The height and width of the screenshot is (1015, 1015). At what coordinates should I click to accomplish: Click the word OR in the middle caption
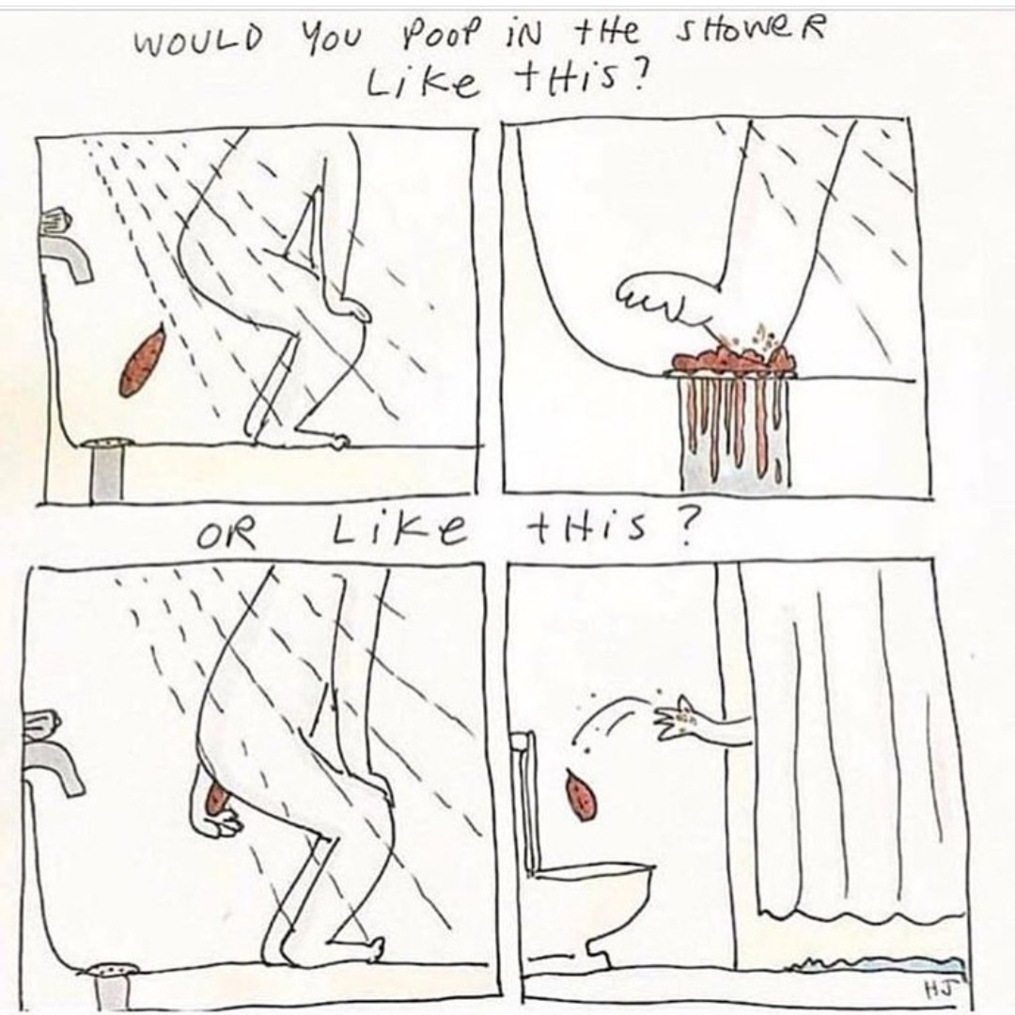pyautogui.click(x=226, y=537)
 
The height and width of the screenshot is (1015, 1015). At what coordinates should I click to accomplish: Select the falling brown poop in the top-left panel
pyautogui.click(x=141, y=361)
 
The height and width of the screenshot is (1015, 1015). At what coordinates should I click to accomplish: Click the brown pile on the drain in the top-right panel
pyautogui.click(x=733, y=359)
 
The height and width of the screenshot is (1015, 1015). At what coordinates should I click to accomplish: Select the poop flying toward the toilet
pyautogui.click(x=578, y=793)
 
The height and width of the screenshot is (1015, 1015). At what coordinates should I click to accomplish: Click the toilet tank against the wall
pyautogui.click(x=525, y=802)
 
